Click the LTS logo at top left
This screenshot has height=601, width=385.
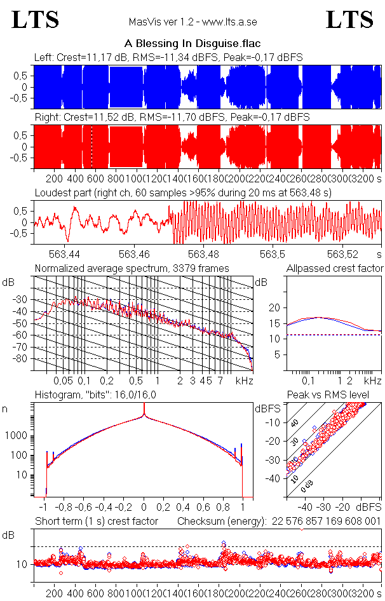pos(36,20)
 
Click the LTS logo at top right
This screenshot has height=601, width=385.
pos(349,20)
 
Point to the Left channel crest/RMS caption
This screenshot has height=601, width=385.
pos(168,58)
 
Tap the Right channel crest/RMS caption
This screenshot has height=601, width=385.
pos(172,118)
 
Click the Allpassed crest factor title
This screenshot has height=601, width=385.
pos(335,268)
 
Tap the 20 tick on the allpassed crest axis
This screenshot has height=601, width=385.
pos(276,307)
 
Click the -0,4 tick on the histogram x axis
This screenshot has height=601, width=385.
pos(105,508)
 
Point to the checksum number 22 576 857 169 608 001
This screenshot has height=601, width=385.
pos(326,522)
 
